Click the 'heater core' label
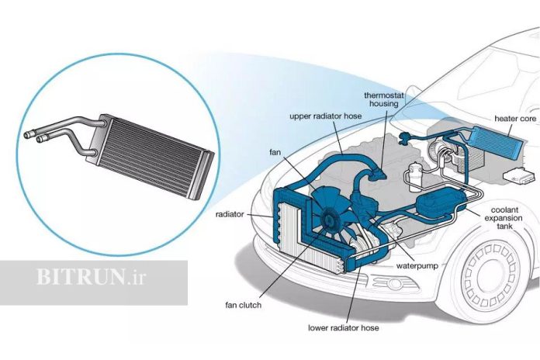(515, 119)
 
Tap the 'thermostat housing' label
(383, 99)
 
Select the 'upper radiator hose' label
(325, 116)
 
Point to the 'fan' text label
(275, 152)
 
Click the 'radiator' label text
(230, 214)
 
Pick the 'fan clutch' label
(243, 305)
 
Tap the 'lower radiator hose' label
(344, 327)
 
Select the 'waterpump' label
(417, 266)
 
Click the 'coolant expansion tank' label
(504, 218)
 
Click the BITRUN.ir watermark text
(91, 277)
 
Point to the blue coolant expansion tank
(440, 202)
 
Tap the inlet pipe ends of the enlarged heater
(35, 137)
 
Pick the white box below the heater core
(518, 175)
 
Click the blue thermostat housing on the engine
(378, 173)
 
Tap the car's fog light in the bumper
(393, 284)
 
